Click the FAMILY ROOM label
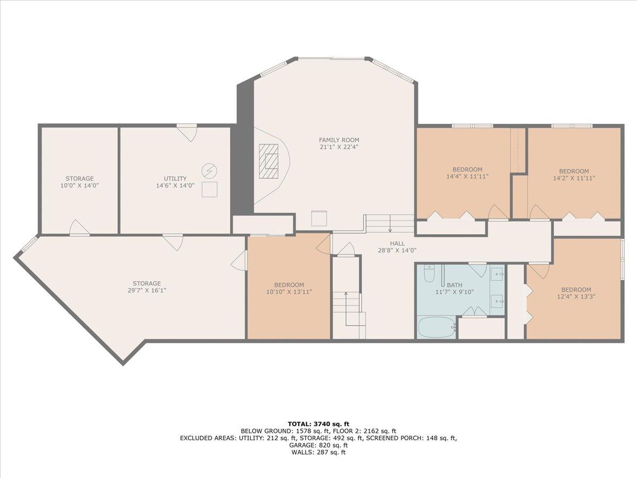(x=339, y=140)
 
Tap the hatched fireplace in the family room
(x=269, y=161)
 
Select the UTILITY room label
(x=175, y=178)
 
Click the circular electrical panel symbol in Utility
(x=209, y=170)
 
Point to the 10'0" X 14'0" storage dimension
(x=80, y=185)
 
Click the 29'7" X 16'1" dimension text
(x=147, y=290)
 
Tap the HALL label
(x=397, y=243)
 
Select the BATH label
(x=454, y=285)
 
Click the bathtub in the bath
(x=437, y=327)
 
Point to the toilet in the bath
(x=428, y=274)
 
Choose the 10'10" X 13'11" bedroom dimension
(x=289, y=292)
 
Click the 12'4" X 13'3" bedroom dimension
(x=576, y=296)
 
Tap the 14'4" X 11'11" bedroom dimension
(x=468, y=176)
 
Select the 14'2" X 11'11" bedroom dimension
(x=574, y=178)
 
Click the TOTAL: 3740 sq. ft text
(x=318, y=424)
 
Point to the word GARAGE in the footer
(x=300, y=445)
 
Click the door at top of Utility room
(x=187, y=133)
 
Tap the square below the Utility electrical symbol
(x=209, y=190)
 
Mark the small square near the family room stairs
(x=319, y=218)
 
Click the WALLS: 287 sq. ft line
(x=318, y=452)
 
